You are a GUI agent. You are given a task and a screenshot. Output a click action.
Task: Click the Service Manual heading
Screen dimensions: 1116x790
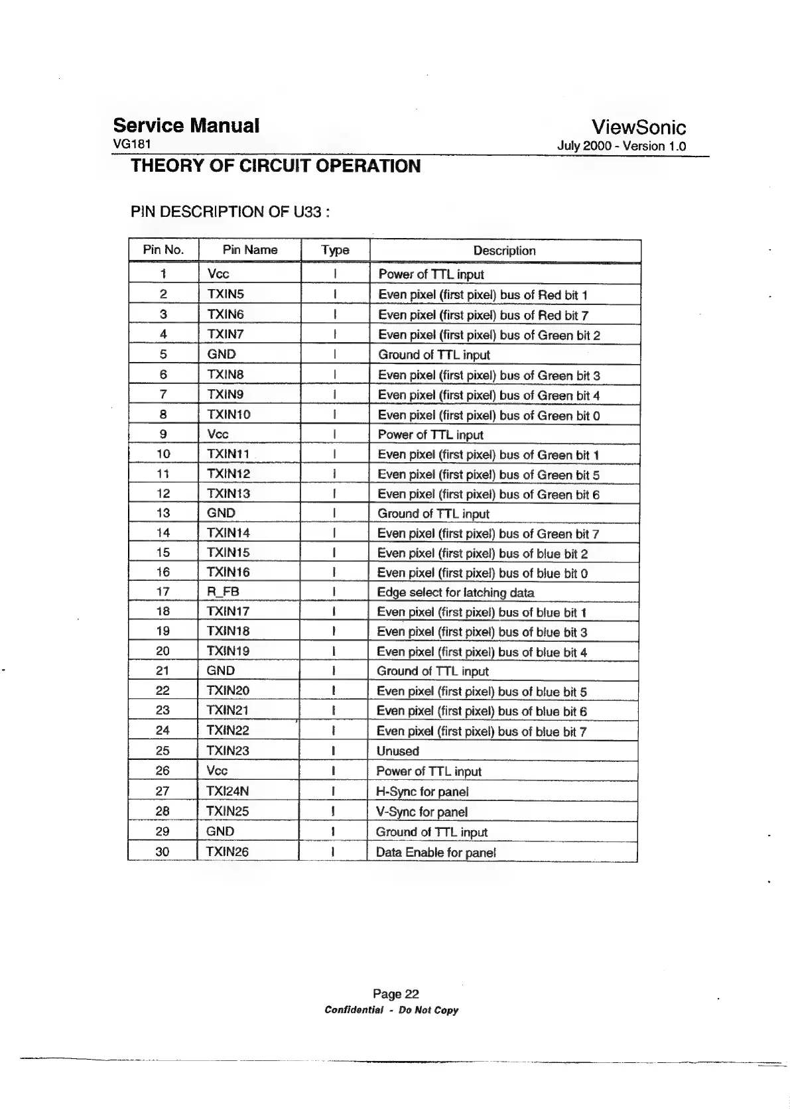click(186, 125)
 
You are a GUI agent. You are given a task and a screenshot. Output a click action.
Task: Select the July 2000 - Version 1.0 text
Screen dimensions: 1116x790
click(622, 146)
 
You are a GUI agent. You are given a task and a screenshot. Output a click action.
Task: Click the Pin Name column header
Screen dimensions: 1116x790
click(250, 250)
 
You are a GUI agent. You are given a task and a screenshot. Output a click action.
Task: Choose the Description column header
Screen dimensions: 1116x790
click(504, 251)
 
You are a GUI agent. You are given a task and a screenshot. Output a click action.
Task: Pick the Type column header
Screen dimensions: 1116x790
click(335, 250)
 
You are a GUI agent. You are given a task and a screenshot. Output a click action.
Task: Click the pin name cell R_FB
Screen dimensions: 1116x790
click(224, 591)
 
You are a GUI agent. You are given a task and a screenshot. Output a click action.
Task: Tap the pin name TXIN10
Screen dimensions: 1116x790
click(229, 414)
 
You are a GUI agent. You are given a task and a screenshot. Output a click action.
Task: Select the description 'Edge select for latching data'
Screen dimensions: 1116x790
click(456, 593)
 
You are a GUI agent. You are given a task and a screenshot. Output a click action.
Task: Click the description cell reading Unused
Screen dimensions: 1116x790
click(398, 751)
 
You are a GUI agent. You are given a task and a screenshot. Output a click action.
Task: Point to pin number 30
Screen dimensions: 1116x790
click(162, 851)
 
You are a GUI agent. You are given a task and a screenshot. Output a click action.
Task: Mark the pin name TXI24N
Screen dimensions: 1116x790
click(228, 791)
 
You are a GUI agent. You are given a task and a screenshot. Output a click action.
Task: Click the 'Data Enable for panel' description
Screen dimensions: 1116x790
click(436, 853)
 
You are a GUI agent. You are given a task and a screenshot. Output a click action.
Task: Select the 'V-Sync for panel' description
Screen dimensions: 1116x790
click(422, 812)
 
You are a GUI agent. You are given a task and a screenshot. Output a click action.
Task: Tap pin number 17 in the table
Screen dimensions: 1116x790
click(163, 591)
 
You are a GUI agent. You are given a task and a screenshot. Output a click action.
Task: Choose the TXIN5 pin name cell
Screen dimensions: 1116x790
click(226, 294)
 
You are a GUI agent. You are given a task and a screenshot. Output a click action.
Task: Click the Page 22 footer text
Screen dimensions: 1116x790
click(395, 993)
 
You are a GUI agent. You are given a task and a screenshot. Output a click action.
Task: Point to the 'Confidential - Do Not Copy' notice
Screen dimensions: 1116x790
click(391, 1010)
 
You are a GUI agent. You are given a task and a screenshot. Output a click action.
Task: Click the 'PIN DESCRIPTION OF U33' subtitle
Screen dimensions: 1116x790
click(230, 212)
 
